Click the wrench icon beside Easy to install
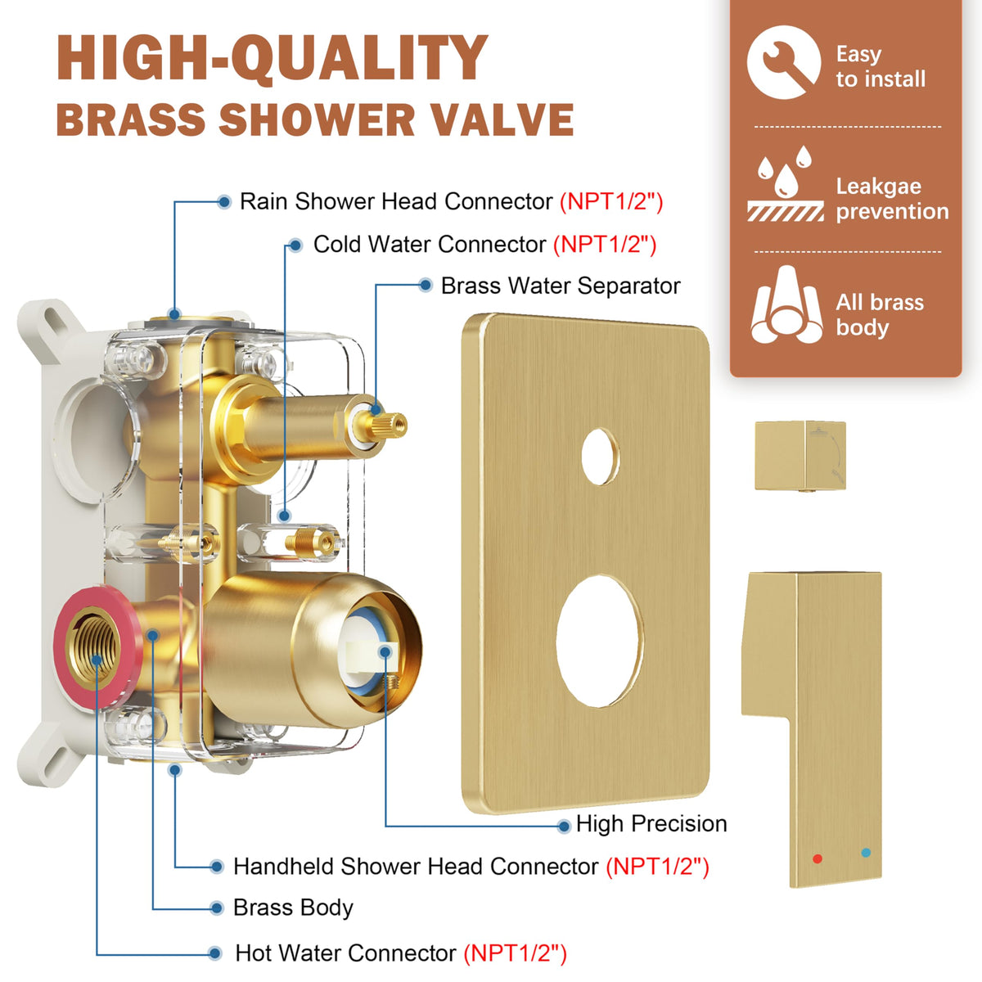coord(784,62)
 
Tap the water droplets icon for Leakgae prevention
coord(785,183)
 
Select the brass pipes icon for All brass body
coord(786,304)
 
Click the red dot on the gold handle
coord(818,858)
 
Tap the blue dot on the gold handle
coord(866,852)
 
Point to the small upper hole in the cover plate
coord(601,456)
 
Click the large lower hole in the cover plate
coord(600,641)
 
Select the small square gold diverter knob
coord(800,455)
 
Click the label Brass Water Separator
coord(561,286)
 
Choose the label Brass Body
coord(293,908)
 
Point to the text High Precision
coord(651,823)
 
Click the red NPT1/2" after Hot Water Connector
coord(515,953)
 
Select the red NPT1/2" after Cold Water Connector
coord(605,245)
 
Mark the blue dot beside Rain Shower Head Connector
coord(223,202)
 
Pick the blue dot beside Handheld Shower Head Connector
coord(217,867)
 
